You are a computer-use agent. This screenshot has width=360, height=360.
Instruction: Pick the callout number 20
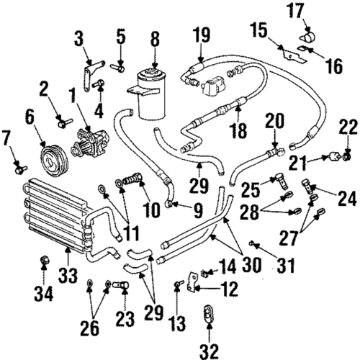tap(271, 120)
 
